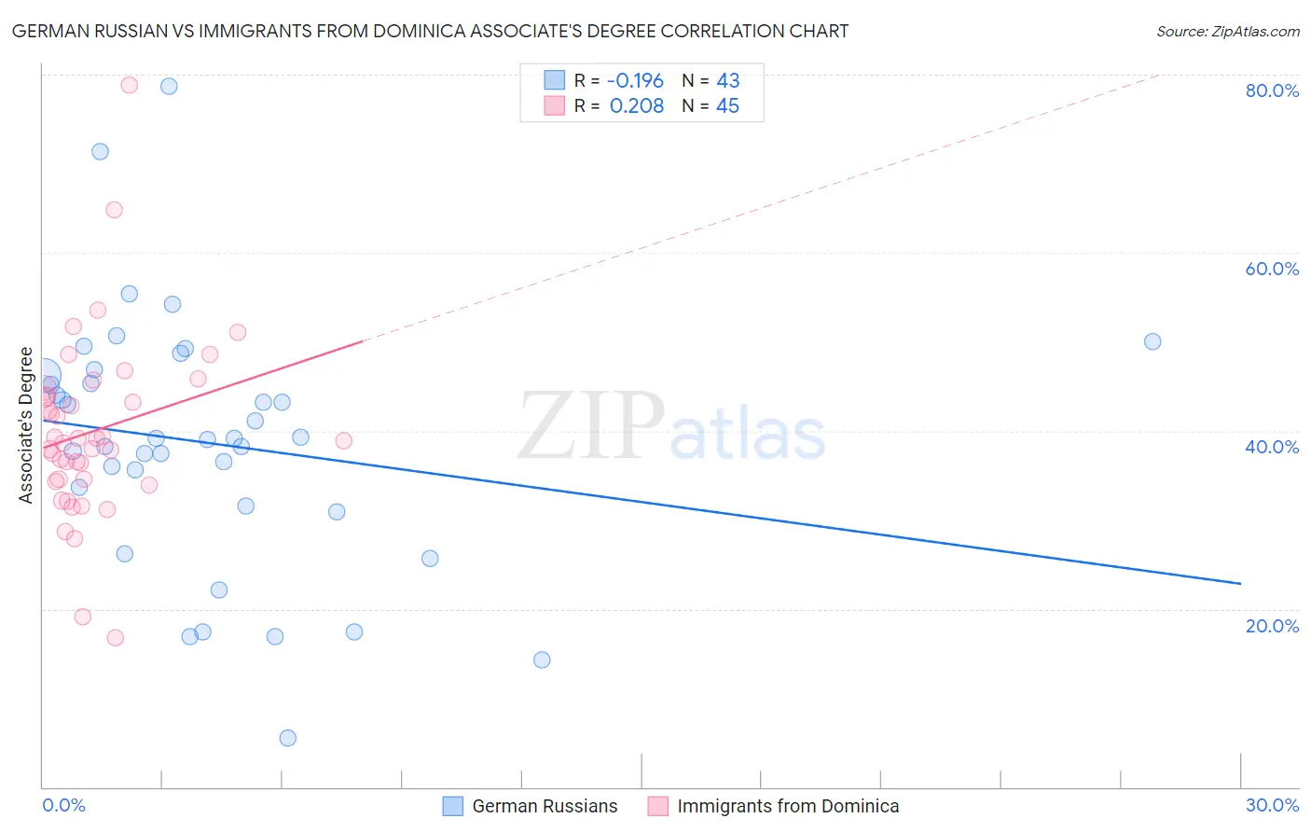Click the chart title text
pyautogui.click(x=430, y=31)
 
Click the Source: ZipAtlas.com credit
pyautogui.click(x=1227, y=31)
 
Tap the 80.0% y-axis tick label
pyautogui.click(x=1272, y=90)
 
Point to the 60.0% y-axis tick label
pyautogui.click(x=1272, y=269)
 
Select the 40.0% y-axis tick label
pyautogui.click(x=1272, y=447)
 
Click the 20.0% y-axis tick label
pyautogui.click(x=1272, y=626)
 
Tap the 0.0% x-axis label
pyautogui.click(x=63, y=805)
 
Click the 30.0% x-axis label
pyautogui.click(x=1272, y=805)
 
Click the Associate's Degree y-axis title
pyautogui.click(x=26, y=425)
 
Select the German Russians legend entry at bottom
pyautogui.click(x=530, y=806)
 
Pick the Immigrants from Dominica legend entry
pyautogui.click(x=773, y=806)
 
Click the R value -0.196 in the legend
pyautogui.click(x=635, y=81)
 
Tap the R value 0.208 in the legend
pyautogui.click(x=637, y=106)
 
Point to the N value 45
pyautogui.click(x=727, y=106)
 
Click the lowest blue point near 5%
pyautogui.click(x=288, y=738)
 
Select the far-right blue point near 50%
pyautogui.click(x=1152, y=341)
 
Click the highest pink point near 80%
pyautogui.click(x=130, y=85)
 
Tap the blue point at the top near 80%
pyautogui.click(x=169, y=86)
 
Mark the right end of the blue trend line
pyautogui.click(x=1240, y=583)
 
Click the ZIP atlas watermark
pyautogui.click(x=671, y=427)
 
